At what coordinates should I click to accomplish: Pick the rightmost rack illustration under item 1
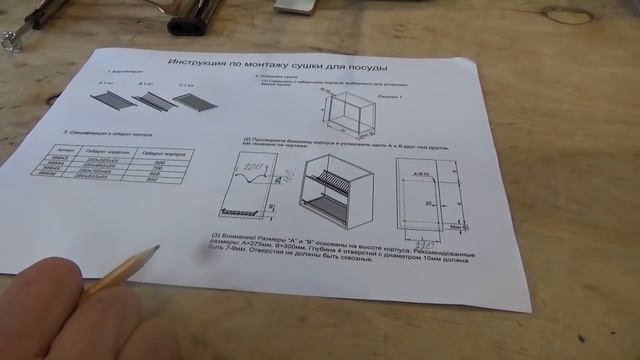196,104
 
